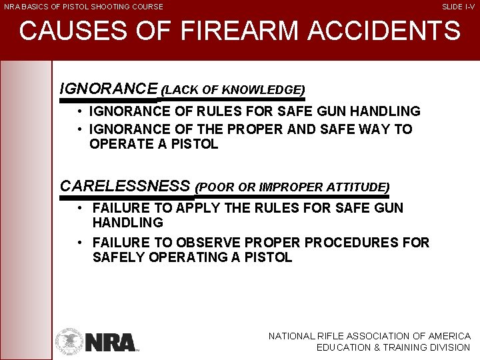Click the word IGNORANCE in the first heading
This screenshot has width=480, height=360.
[x=109, y=89]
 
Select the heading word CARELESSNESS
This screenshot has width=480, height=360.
[x=125, y=186]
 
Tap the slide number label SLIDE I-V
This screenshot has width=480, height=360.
[x=459, y=7]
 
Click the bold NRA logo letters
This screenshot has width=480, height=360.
[x=111, y=341]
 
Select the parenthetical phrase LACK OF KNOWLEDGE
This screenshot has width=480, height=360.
[x=233, y=89]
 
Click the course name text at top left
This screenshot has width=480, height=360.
[x=83, y=7]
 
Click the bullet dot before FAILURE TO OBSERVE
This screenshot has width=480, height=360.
[x=79, y=243]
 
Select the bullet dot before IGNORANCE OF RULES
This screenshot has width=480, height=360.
[x=79, y=111]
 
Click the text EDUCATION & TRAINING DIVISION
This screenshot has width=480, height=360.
[x=393, y=347]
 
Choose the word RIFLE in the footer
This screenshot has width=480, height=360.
[x=343, y=337]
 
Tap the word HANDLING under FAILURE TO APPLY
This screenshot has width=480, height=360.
[x=128, y=223]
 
